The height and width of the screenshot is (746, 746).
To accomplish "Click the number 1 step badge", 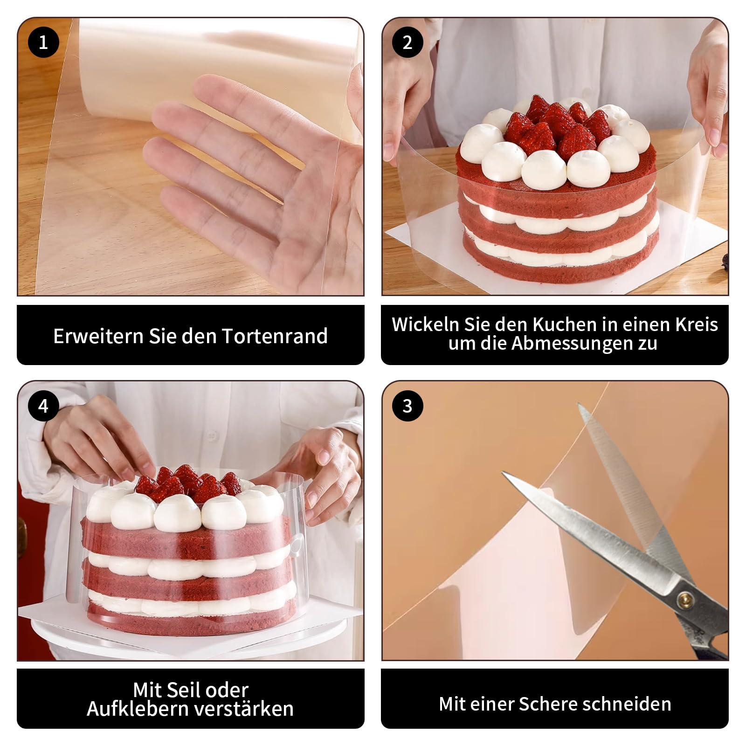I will pos(43,42).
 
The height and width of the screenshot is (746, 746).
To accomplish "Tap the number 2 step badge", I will pos(408,42).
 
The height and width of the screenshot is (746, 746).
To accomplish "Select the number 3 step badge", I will pos(408,406).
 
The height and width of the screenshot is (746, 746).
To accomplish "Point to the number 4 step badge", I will pos(43,406).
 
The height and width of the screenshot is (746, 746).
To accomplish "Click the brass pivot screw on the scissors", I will pos(685,598).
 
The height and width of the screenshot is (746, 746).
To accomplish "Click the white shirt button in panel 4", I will pos(212,436).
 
